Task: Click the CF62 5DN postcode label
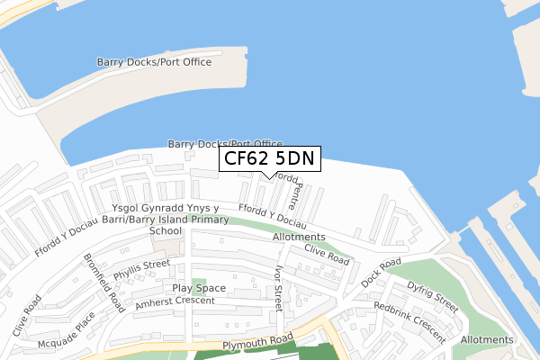tap(269, 159)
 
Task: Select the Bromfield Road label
tap(103, 276)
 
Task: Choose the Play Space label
tap(199, 289)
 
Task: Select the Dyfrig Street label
tap(433, 296)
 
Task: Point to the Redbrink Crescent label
tap(409, 321)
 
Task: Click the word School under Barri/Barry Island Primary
tap(166, 230)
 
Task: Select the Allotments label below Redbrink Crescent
tap(487, 340)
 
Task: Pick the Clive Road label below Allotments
tap(326, 255)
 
